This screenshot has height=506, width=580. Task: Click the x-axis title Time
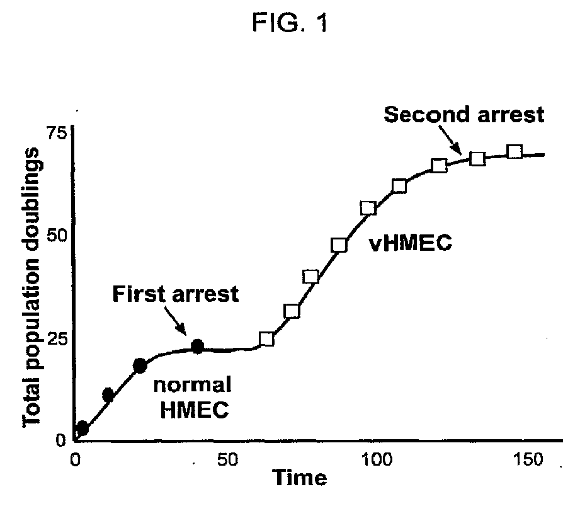pos(299,478)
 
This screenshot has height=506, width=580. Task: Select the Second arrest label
pos(463,115)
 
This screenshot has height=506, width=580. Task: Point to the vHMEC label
pos(411,244)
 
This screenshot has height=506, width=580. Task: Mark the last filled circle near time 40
pos(198,346)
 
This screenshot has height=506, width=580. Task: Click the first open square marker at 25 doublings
pos(266,339)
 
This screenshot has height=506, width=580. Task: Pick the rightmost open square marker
pos(515,151)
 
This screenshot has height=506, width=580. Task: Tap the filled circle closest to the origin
pos(82,429)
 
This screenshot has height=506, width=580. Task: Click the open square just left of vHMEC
pos(339,245)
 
